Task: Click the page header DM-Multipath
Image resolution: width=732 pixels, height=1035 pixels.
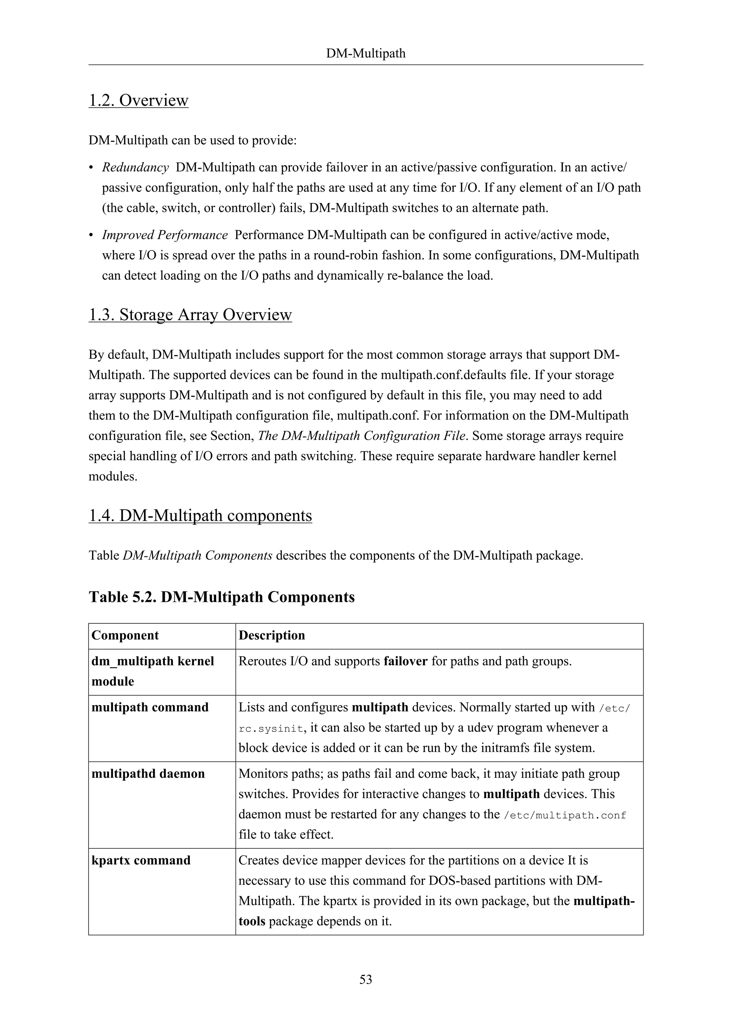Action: point(366,54)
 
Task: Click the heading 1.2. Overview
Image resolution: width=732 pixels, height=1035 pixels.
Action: point(138,100)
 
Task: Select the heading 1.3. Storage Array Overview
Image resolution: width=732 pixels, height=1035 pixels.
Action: point(190,314)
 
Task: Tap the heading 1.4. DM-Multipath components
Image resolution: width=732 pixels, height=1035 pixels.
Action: point(200,515)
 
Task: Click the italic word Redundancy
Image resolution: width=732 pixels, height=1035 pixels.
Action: point(135,168)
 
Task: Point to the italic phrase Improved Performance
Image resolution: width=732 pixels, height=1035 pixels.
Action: point(164,235)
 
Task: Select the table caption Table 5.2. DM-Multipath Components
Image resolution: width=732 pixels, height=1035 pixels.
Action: point(221,597)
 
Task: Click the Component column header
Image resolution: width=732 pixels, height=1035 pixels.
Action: point(125,635)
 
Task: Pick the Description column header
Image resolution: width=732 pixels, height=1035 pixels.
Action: point(271,635)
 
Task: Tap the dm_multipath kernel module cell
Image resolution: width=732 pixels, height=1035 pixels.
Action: point(152,671)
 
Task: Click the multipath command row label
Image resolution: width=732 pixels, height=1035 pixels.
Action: point(150,707)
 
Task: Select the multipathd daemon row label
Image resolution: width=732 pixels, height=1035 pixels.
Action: point(148,773)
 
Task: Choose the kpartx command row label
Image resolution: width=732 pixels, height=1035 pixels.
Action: point(140,860)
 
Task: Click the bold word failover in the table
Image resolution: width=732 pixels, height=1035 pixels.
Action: point(405,661)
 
